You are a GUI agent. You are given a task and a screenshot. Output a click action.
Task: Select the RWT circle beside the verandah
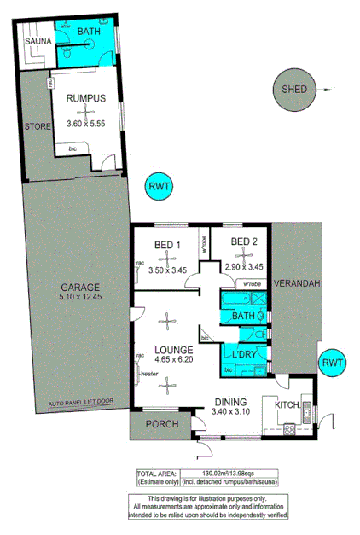[x=333, y=363]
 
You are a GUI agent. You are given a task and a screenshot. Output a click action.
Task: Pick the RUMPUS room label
[x=86, y=98]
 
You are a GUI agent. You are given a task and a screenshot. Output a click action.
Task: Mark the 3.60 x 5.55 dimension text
[x=86, y=124]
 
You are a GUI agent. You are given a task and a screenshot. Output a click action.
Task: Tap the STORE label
[x=37, y=126]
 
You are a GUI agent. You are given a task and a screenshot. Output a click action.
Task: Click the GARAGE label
[x=80, y=287]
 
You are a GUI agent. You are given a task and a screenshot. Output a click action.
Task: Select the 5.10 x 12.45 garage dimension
[x=80, y=299]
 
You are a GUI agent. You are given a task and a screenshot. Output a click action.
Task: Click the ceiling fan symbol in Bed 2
[x=241, y=259]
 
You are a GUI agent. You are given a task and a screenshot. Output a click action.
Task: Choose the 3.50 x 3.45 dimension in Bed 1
[x=167, y=270]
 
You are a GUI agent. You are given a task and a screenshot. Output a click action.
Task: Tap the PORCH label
[x=160, y=424]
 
